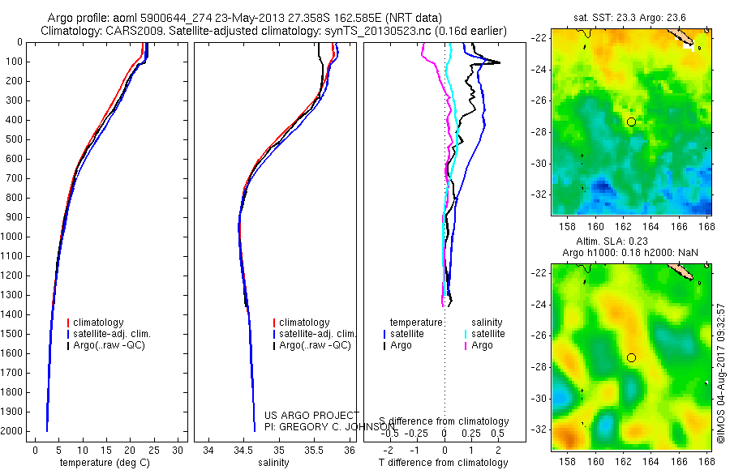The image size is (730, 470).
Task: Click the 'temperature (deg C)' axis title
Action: [x=103, y=463]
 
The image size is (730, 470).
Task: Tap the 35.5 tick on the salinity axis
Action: [x=315, y=451]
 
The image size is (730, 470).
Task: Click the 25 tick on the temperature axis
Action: [x=154, y=451]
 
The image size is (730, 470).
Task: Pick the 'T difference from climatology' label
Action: [x=445, y=463]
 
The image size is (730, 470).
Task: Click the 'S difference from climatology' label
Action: [x=444, y=422]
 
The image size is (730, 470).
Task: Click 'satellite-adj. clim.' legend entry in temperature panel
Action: [x=118, y=334]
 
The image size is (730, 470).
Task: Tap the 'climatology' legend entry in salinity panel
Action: [x=304, y=323]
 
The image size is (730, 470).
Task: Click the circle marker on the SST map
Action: [x=631, y=122]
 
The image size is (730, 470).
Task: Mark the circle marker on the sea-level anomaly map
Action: [x=631, y=357]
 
